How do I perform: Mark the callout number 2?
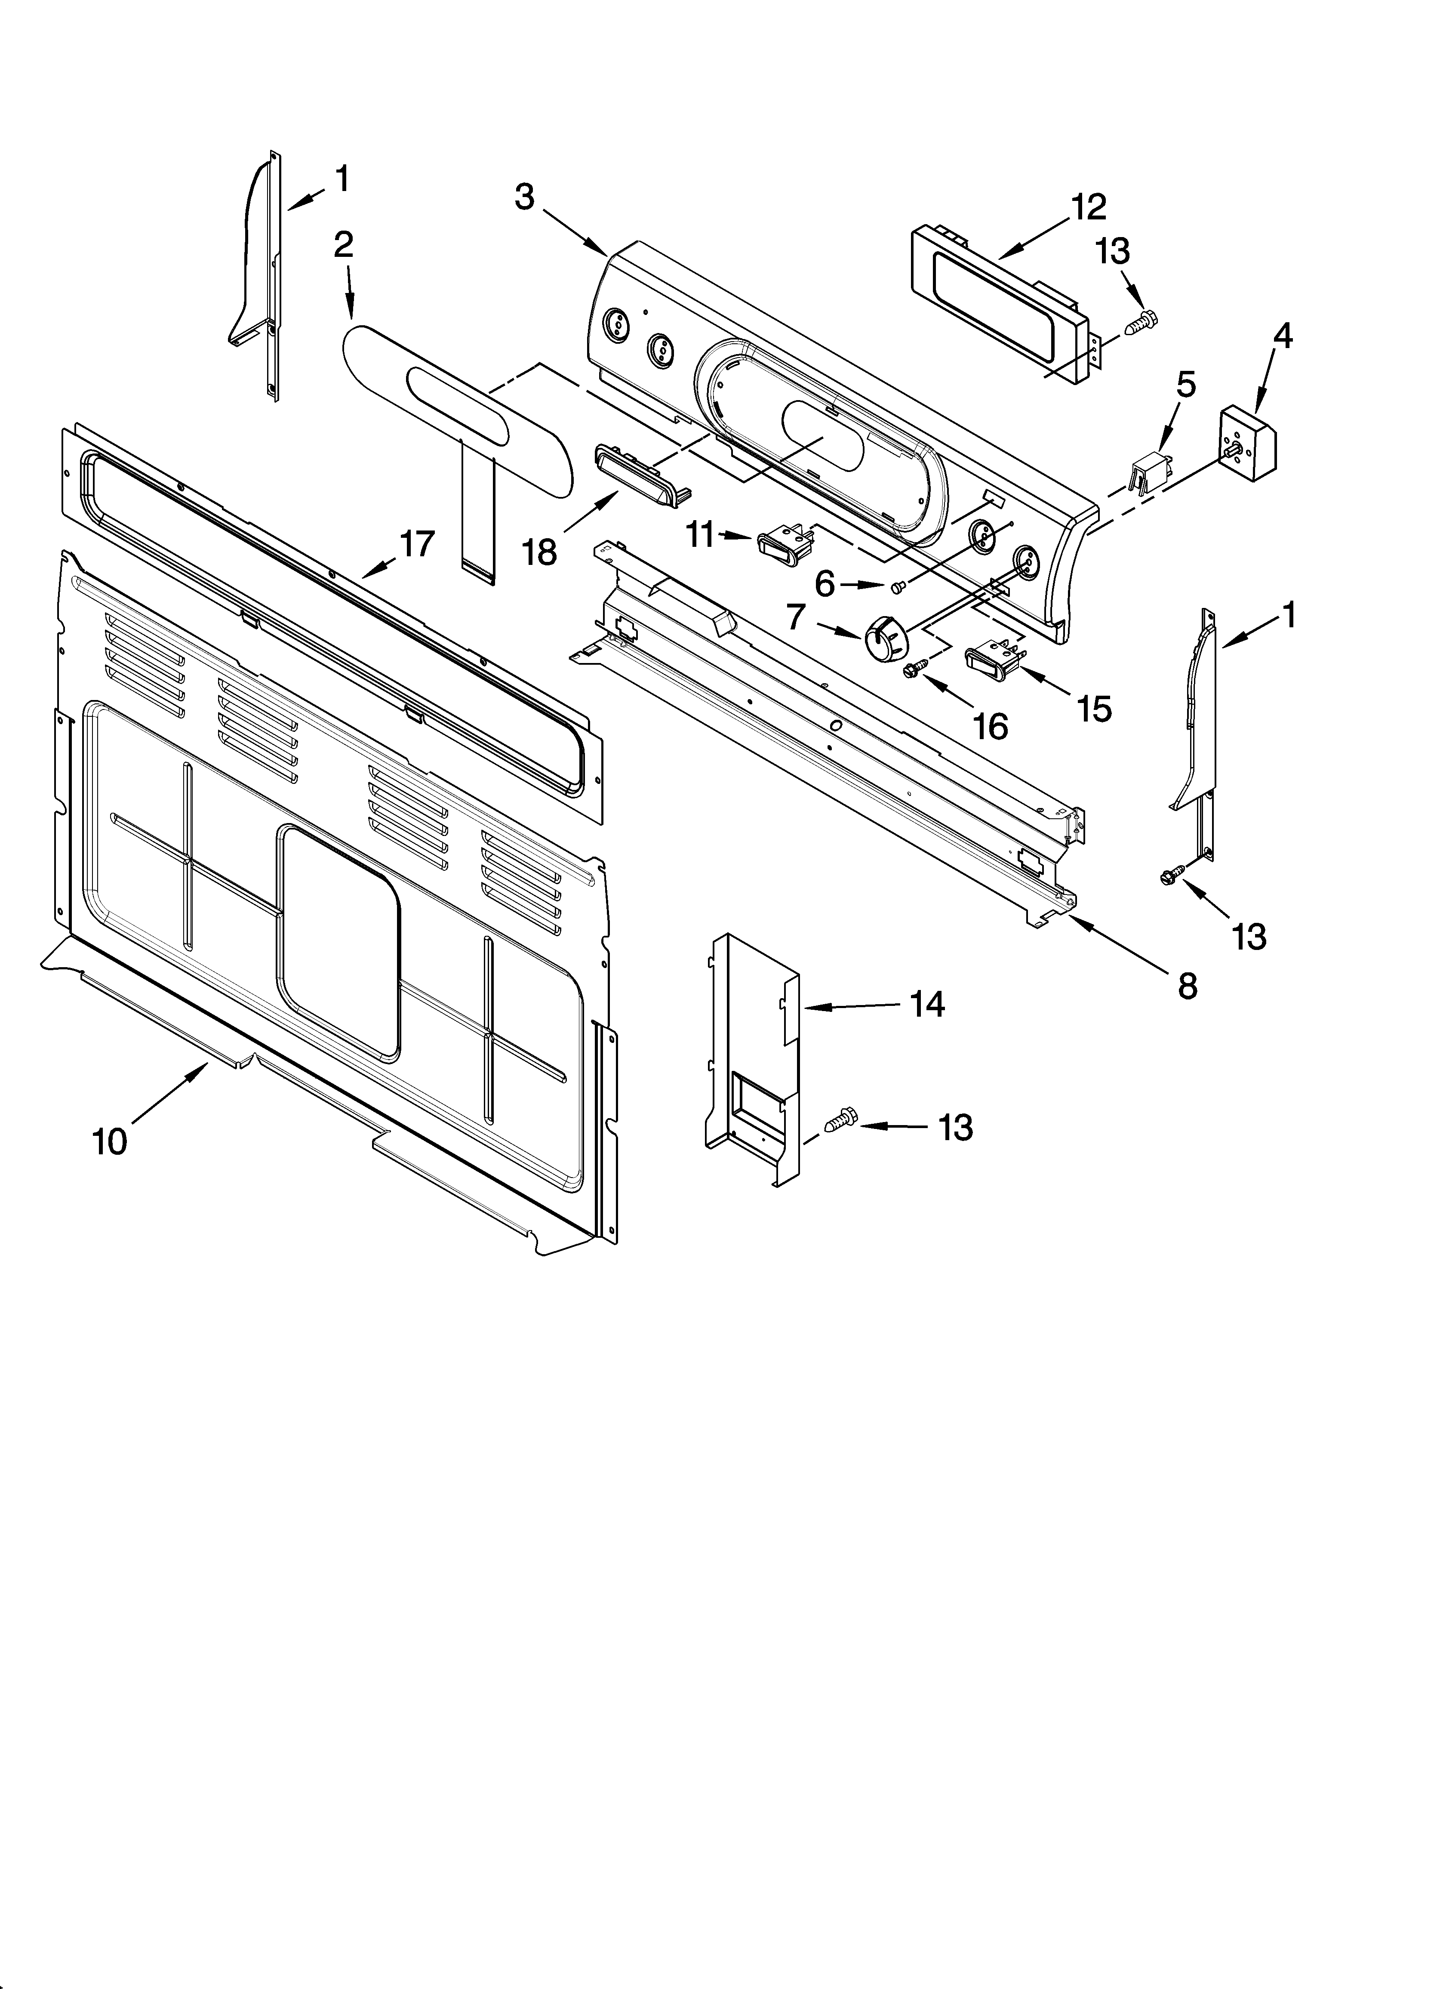tap(344, 245)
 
